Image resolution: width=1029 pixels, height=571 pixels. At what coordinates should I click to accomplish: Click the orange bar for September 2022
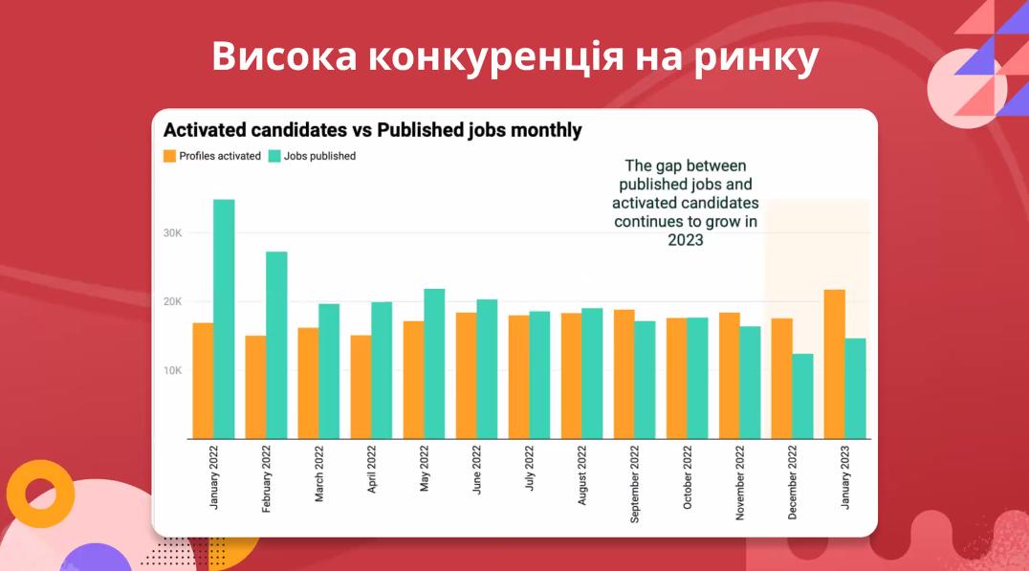click(624, 374)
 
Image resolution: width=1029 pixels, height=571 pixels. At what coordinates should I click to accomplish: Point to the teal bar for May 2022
click(434, 363)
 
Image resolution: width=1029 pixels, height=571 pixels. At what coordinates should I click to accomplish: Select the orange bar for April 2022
click(361, 386)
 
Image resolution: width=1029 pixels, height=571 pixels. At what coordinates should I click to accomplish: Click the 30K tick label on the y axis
click(172, 233)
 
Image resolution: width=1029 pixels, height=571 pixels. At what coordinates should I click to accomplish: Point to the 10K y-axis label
click(172, 370)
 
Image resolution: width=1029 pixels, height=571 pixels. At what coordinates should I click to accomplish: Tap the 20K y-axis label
click(172, 302)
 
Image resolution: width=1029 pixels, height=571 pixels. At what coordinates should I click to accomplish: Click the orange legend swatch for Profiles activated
click(169, 156)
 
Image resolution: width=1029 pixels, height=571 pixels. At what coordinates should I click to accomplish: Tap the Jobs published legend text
click(319, 156)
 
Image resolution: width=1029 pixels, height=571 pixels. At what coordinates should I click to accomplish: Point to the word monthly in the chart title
click(544, 130)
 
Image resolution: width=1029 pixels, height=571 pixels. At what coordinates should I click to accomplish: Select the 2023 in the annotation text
click(685, 240)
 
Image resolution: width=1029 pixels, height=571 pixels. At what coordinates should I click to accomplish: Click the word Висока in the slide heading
click(283, 57)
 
